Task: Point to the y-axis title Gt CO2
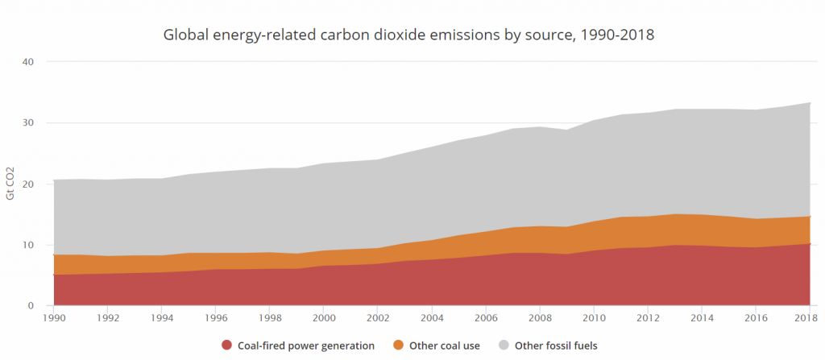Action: pos(11,183)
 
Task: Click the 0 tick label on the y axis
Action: pos(31,306)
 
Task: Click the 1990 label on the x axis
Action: pos(54,318)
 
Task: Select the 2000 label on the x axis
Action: pos(325,318)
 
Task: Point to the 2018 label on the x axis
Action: pos(809,318)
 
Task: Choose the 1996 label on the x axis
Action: pos(217,318)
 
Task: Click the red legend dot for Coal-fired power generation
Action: pos(226,346)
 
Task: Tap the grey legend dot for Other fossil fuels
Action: pos(504,346)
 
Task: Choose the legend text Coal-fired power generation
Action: pos(306,346)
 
